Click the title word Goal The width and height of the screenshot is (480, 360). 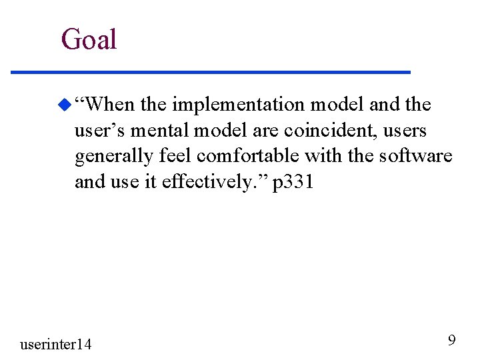[89, 39]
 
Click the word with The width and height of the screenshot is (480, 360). [321, 156]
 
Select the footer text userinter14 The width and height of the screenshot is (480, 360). [56, 344]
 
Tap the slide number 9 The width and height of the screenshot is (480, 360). [451, 341]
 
